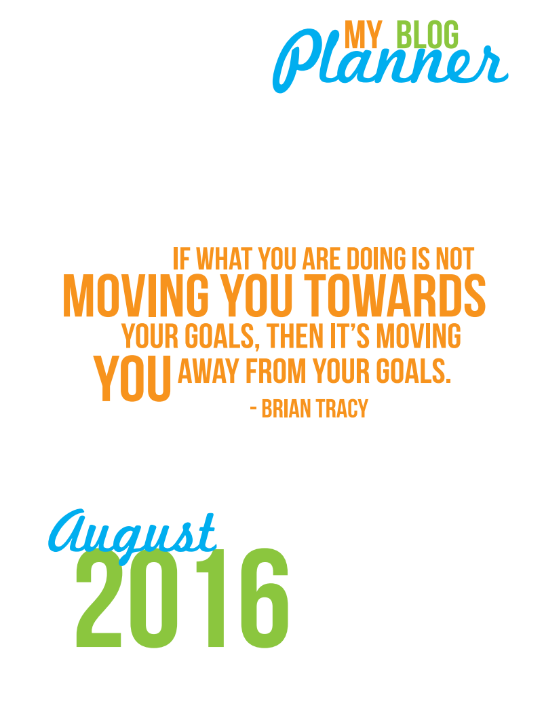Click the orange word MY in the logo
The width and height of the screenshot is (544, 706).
(363, 34)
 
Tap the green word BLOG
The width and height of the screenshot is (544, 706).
(427, 34)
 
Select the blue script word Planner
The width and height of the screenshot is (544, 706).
(389, 62)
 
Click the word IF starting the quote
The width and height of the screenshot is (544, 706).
(181, 259)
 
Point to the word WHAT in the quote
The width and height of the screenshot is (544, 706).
(224, 259)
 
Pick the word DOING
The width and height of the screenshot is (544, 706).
(376, 259)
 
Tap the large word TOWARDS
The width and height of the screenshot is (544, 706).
(395, 295)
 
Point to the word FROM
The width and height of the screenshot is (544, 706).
(275, 371)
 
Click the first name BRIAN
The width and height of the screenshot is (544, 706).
(286, 409)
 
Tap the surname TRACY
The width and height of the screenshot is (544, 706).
(342, 409)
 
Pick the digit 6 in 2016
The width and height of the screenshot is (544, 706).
(265, 598)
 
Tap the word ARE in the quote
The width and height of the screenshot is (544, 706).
(322, 259)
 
